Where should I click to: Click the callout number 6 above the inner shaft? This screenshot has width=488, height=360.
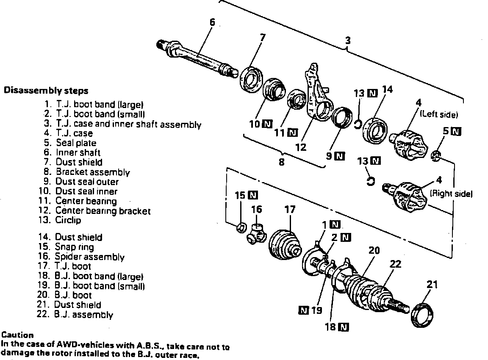212,22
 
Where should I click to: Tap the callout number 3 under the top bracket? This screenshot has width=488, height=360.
347,42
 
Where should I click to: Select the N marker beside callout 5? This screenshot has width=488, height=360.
456,131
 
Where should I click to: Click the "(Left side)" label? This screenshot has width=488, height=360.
439,114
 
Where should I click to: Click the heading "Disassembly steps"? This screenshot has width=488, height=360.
46,91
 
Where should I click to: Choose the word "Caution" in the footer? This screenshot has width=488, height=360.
17,335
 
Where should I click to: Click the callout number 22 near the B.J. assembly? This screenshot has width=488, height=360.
395,264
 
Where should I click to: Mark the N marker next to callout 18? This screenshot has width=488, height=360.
344,327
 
